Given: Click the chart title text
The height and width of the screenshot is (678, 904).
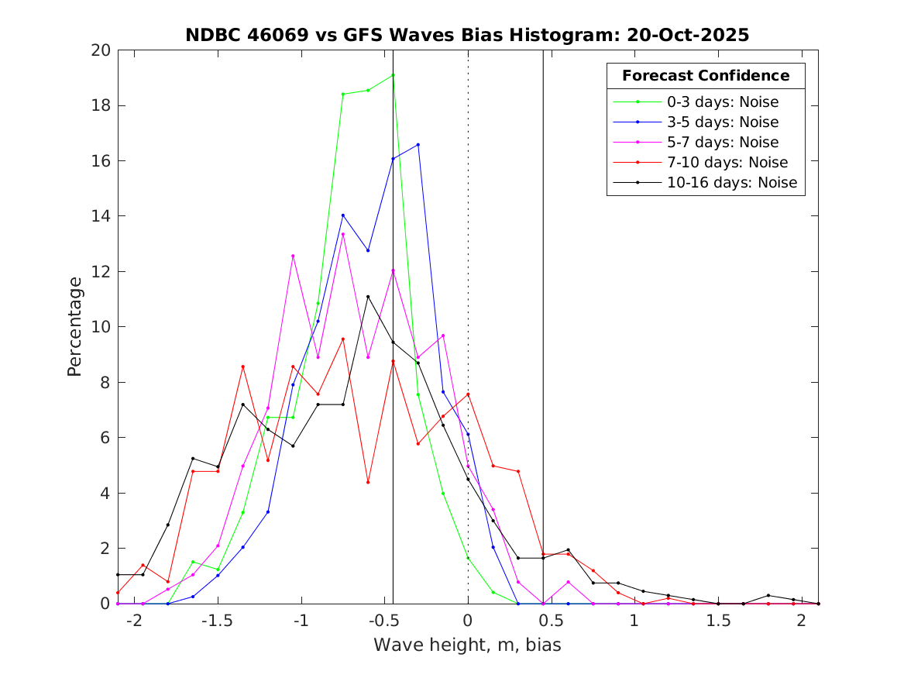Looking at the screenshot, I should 467,36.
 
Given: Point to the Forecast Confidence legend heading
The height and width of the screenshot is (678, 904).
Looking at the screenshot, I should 706,76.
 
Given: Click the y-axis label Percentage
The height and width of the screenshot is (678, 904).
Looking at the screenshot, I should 74,326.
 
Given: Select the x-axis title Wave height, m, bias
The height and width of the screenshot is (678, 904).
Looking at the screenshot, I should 467,645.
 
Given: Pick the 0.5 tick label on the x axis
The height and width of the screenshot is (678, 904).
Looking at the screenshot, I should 551,621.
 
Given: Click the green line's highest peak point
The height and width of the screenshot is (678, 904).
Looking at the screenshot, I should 393,75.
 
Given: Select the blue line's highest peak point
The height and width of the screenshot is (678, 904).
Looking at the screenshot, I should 418,145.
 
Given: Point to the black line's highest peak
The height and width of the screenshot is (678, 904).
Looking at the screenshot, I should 368,297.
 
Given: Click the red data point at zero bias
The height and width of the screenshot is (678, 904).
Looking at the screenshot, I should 468,394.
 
